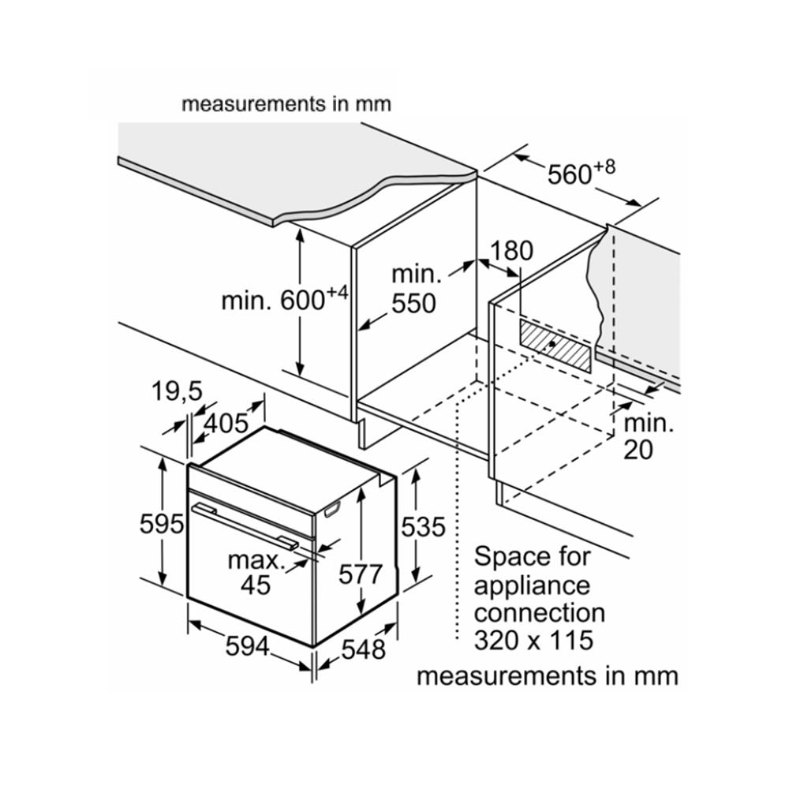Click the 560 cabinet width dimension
(x=581, y=173)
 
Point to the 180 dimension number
(x=511, y=251)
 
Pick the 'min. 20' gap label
(x=649, y=436)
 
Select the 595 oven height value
(x=162, y=523)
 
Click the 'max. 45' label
(x=256, y=573)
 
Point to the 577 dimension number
(x=361, y=574)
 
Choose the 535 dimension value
(x=424, y=526)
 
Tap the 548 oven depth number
(x=364, y=649)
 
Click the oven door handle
(x=245, y=525)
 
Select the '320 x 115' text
(x=533, y=640)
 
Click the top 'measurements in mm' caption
(x=286, y=103)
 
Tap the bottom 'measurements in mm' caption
(x=547, y=677)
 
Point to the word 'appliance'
(x=531, y=585)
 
